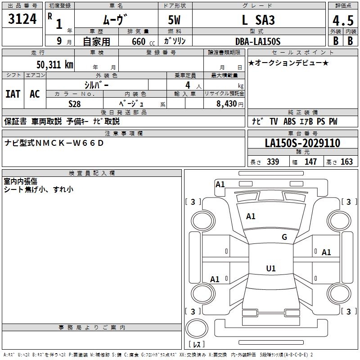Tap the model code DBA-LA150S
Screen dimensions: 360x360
click(258, 41)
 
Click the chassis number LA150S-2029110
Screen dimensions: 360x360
click(302, 144)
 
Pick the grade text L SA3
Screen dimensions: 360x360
click(258, 20)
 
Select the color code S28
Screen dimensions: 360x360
click(74, 103)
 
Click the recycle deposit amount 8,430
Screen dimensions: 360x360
click(225, 104)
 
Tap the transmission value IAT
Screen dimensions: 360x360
click(13, 94)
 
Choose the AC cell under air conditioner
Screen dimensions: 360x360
click(35, 94)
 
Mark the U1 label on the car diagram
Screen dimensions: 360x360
click(270, 269)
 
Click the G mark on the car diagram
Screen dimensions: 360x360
click(284, 237)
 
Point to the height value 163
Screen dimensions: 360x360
click(346, 162)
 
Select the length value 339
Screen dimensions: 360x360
click(273, 162)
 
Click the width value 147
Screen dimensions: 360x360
click(311, 162)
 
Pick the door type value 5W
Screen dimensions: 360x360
click(175, 20)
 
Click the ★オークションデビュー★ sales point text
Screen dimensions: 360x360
click(288, 63)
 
